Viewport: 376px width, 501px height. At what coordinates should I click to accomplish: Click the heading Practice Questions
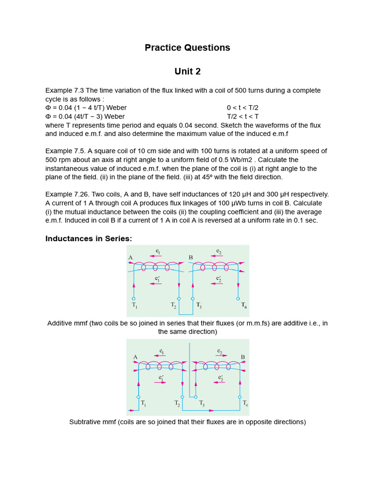click(x=188, y=47)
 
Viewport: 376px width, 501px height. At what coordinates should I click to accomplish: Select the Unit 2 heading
click(x=188, y=71)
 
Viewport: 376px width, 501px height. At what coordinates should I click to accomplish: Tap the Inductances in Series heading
click(x=89, y=238)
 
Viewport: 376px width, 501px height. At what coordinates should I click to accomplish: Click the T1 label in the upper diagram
click(x=134, y=305)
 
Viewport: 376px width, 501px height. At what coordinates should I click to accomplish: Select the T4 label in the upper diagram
click(x=243, y=306)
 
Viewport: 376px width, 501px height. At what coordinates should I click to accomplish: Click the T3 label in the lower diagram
click(x=202, y=404)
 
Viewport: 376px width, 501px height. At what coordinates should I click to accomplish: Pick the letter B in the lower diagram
click(x=242, y=357)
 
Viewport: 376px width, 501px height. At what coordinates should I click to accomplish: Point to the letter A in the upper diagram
click(x=131, y=257)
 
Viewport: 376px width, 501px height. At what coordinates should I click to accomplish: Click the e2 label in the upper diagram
click(x=219, y=251)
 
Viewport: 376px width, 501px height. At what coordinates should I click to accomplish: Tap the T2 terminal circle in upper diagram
click(x=179, y=298)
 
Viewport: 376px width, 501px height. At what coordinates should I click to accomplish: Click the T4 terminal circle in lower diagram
click(x=240, y=397)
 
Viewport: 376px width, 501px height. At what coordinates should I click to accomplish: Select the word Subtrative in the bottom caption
click(x=86, y=422)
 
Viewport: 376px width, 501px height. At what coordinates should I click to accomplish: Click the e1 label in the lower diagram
click(x=161, y=351)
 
